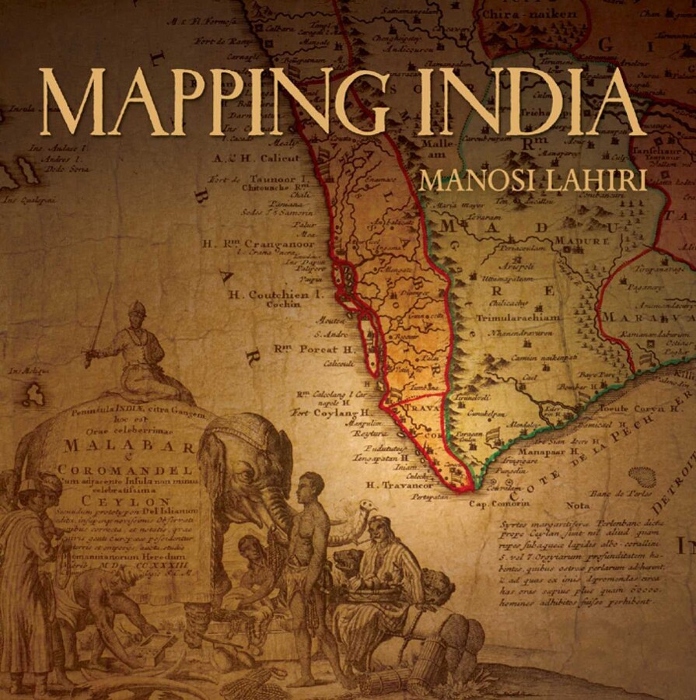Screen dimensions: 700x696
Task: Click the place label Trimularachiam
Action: coord(529,317)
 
